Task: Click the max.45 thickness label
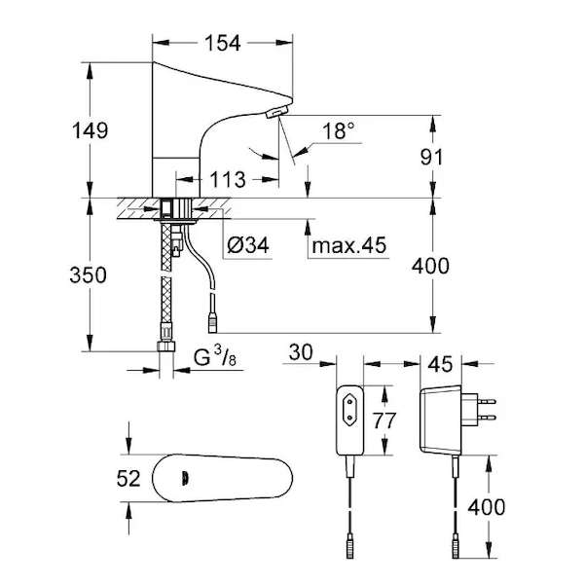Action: point(348,246)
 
